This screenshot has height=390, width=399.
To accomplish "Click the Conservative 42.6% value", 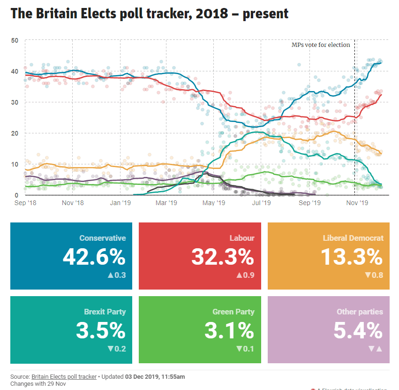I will pyautogui.click(x=94, y=257).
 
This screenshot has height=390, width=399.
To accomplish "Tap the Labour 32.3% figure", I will pyautogui.click(x=223, y=257).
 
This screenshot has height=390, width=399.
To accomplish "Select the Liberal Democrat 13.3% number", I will pyautogui.click(x=352, y=257).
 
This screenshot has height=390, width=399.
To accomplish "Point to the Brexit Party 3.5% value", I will pyautogui.click(x=101, y=330).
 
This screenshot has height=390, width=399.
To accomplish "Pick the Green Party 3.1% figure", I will pyautogui.click(x=229, y=330).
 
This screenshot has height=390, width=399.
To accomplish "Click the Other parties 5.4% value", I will pyautogui.click(x=358, y=330).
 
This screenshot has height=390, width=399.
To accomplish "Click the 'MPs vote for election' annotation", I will pyautogui.click(x=321, y=45).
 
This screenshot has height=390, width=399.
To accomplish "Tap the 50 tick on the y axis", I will pyautogui.click(x=15, y=40).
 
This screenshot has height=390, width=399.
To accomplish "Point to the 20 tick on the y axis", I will pyautogui.click(x=15, y=133).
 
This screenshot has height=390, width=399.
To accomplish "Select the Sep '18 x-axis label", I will pyautogui.click(x=26, y=203).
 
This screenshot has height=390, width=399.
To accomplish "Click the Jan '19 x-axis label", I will pyautogui.click(x=120, y=203).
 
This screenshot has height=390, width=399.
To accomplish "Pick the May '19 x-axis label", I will pyautogui.click(x=214, y=203).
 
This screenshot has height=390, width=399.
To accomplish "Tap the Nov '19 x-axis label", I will pyautogui.click(x=357, y=203).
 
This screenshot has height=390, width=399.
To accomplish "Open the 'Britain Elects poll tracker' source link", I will pyautogui.click(x=64, y=377).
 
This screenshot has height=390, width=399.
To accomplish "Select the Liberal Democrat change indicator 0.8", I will pyautogui.click(x=374, y=275).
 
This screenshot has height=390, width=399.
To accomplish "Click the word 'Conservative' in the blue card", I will pyautogui.click(x=103, y=238).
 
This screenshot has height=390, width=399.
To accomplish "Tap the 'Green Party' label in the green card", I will pyautogui.click(x=233, y=312).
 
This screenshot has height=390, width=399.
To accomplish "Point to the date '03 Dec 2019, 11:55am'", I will pyautogui.click(x=155, y=377).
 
